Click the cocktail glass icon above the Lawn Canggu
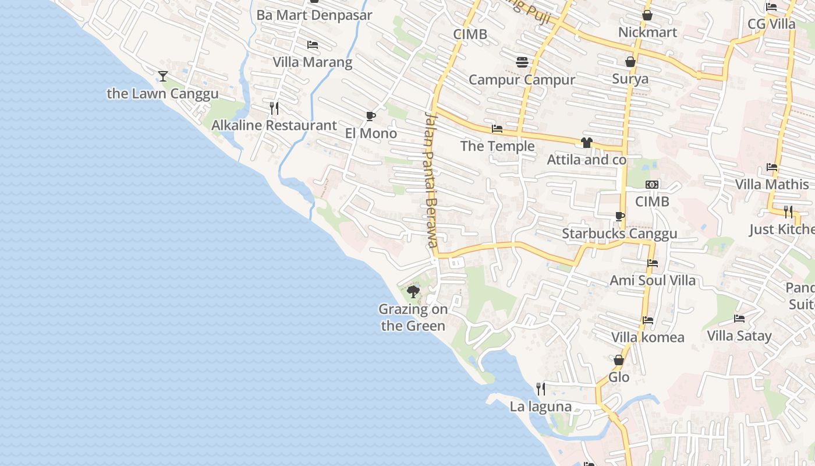[163, 76]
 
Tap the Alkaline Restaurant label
[274, 125]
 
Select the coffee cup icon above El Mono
[370, 116]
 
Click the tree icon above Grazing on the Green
[413, 291]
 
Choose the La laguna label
[540, 407]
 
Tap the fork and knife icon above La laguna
[541, 389]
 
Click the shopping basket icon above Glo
[619, 361]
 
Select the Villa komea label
[647, 337]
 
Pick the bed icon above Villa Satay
[739, 319]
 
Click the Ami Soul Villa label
[652, 280]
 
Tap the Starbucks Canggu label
[619, 234]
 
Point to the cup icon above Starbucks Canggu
[620, 217]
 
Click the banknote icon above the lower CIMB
[652, 185]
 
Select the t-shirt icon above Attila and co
[586, 143]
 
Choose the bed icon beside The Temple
[497, 129]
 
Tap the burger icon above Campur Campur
[522, 62]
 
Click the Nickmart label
[647, 32]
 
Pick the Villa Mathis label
[772, 185]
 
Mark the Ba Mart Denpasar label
[314, 15]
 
